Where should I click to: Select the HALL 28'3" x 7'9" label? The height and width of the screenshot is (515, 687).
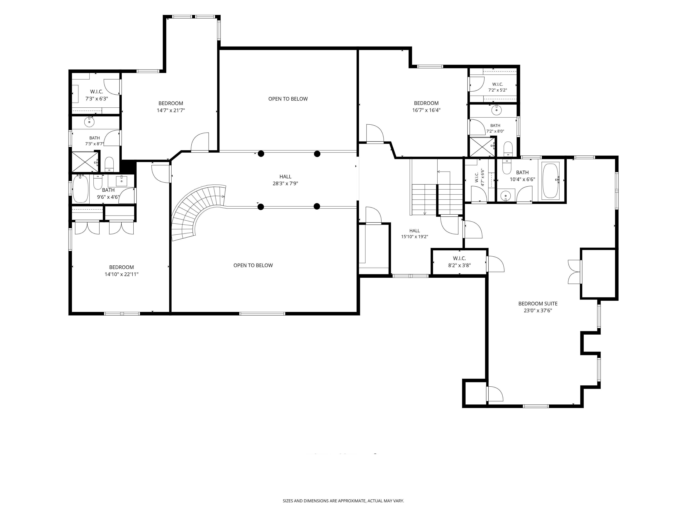(x=285, y=180)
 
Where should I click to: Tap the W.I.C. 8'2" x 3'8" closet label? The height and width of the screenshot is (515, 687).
(x=459, y=262)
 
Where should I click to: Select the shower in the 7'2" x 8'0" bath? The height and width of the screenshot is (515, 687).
(x=482, y=147)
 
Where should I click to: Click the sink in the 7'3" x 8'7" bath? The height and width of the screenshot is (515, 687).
(x=89, y=122)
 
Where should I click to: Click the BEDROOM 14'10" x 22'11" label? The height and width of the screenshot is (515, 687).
(x=121, y=271)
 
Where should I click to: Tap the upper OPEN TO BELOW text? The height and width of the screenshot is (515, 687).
(x=288, y=99)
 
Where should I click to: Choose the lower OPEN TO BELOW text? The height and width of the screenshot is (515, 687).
(x=253, y=265)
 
